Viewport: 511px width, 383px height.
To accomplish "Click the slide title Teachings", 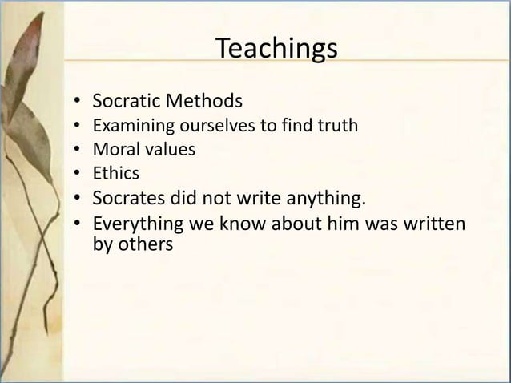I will [276, 49].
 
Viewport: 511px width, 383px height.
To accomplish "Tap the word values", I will [165, 148].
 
